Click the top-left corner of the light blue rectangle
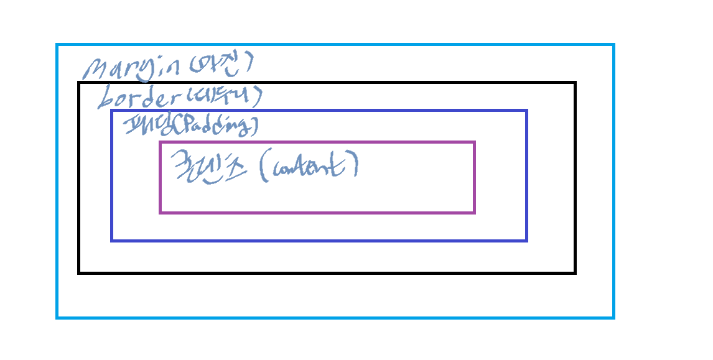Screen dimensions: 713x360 [57, 45]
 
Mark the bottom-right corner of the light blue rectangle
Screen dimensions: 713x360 [613, 318]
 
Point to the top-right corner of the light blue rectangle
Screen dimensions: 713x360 [613, 45]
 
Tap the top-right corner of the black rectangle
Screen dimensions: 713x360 [575, 83]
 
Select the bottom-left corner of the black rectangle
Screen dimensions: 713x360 [79, 272]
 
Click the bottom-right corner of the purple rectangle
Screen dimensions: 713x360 [474, 213]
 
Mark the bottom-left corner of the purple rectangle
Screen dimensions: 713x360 [161, 213]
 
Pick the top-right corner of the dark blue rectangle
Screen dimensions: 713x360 [526, 111]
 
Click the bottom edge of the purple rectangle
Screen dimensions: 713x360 [317, 213]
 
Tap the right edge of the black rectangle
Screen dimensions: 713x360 [575, 177]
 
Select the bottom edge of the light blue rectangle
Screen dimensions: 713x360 [336, 318]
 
